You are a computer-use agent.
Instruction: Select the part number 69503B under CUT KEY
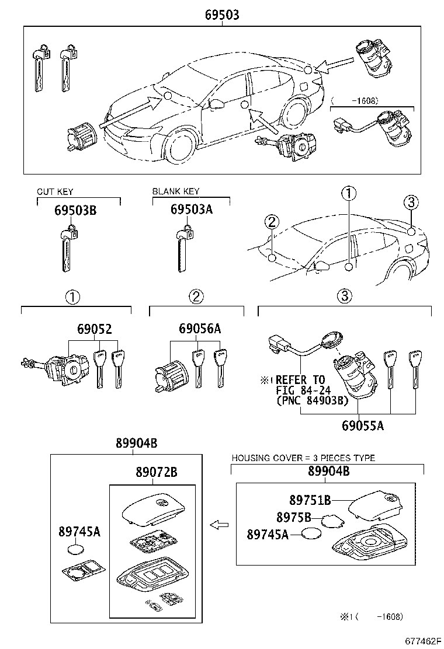coord(75,210)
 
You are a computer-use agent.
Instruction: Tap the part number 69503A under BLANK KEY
coord(191,210)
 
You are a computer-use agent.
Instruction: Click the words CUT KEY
coord(55,192)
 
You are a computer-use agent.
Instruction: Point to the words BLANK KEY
coord(175,191)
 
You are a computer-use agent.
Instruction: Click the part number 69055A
coord(363,425)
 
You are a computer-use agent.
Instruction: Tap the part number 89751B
coord(310,500)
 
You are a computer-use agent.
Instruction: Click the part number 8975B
coord(294,517)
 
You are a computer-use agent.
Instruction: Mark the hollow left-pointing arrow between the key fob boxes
coord(219,525)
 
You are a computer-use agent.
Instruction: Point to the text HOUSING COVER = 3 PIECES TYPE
coord(303,458)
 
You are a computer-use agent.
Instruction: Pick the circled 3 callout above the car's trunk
coord(411,202)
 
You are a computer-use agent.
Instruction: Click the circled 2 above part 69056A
coord(196,296)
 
